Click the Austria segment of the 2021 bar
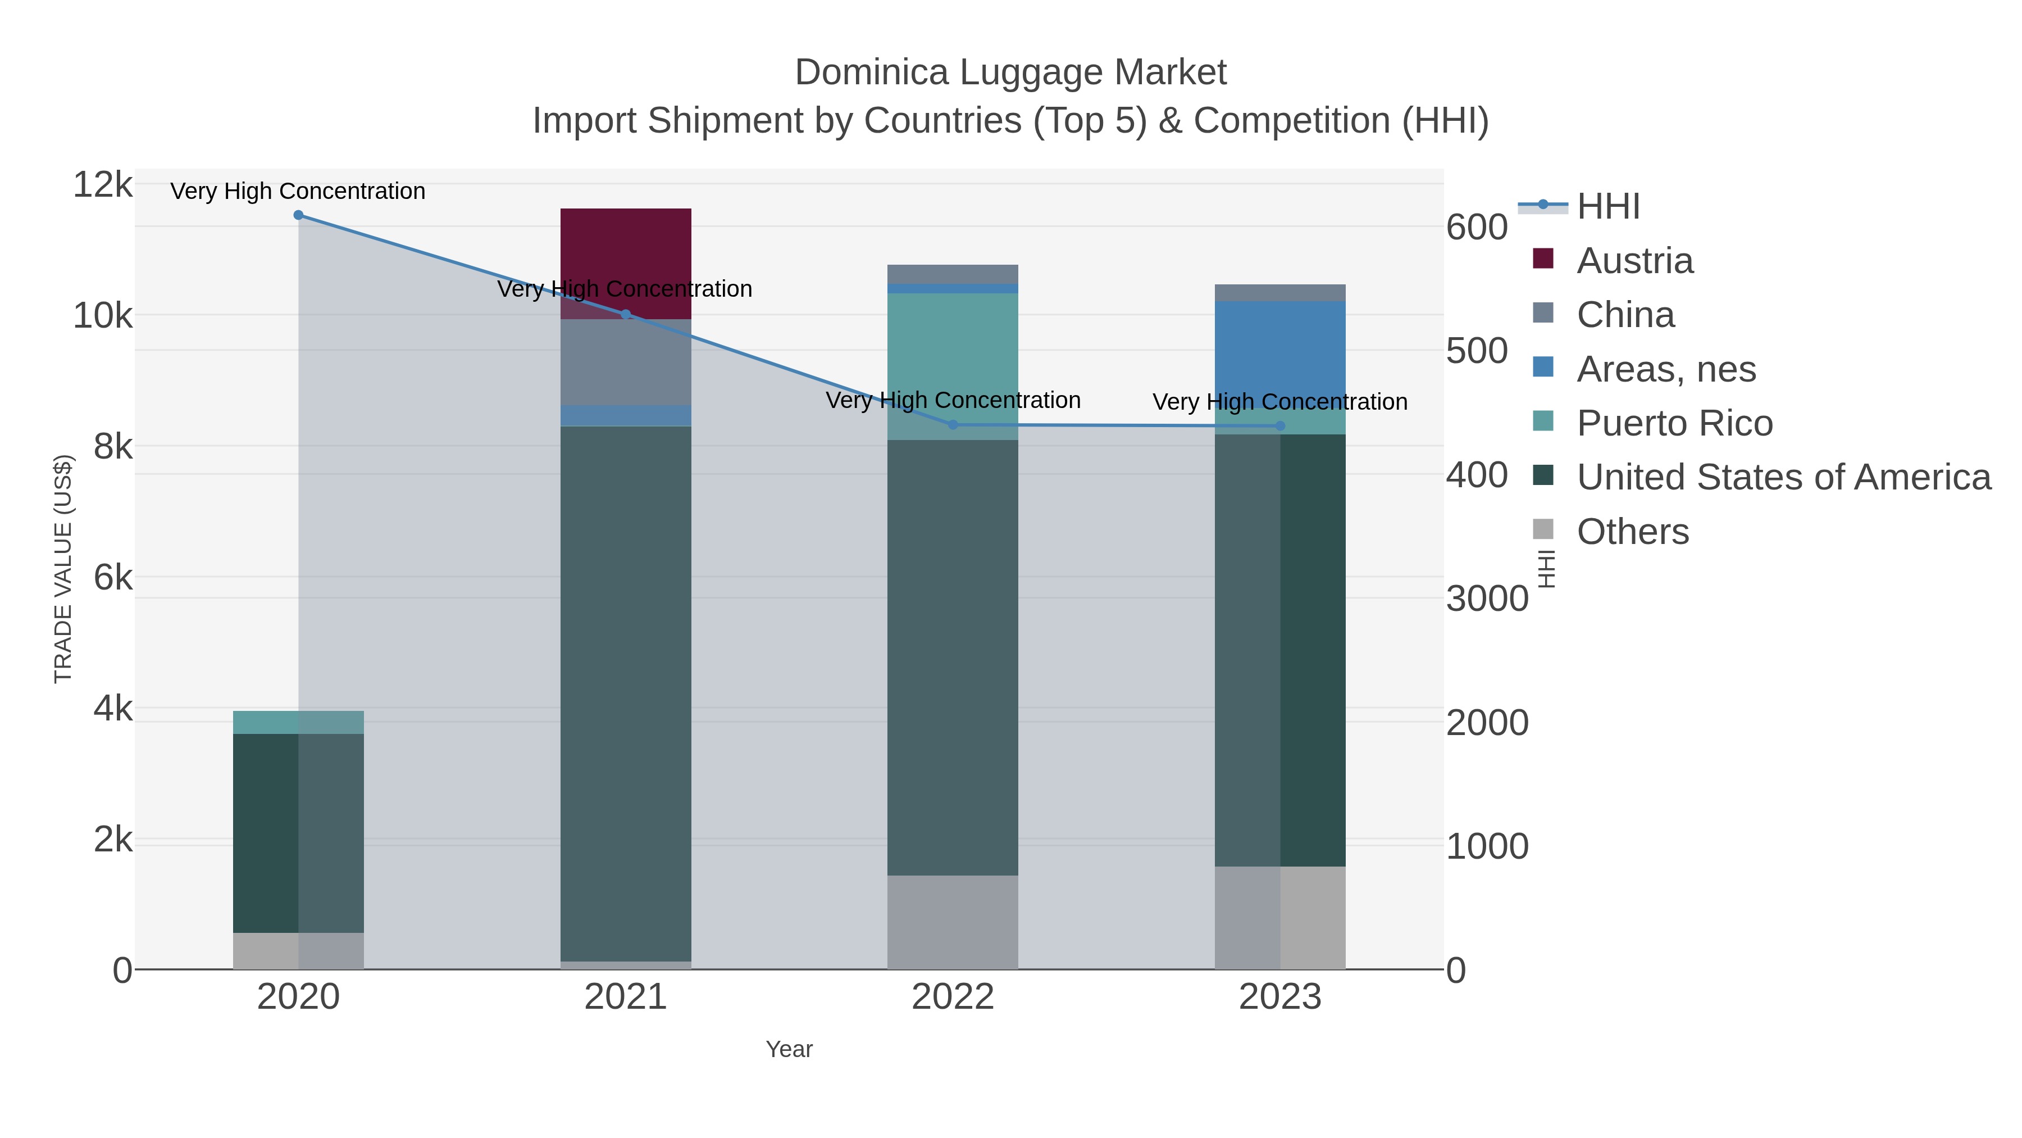pyautogui.click(x=626, y=263)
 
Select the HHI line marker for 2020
pyautogui.click(x=298, y=215)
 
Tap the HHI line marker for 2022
pyautogui.click(x=953, y=425)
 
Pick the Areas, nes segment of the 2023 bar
pyautogui.click(x=1280, y=353)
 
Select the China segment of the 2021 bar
pyautogui.click(x=626, y=362)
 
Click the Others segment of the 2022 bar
pyautogui.click(x=953, y=922)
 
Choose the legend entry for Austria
pyautogui.click(x=1634, y=261)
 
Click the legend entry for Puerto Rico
pyautogui.click(x=1674, y=423)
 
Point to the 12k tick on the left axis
pyautogui.click(x=103, y=185)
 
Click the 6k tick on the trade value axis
pyautogui.click(x=113, y=578)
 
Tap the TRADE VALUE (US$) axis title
pyautogui.click(x=63, y=569)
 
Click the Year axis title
pyautogui.click(x=789, y=1049)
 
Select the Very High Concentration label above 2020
pyautogui.click(x=298, y=192)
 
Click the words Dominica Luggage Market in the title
pyautogui.click(x=1010, y=73)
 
